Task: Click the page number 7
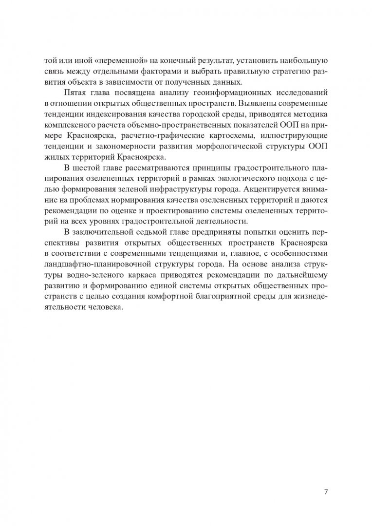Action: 326,491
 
